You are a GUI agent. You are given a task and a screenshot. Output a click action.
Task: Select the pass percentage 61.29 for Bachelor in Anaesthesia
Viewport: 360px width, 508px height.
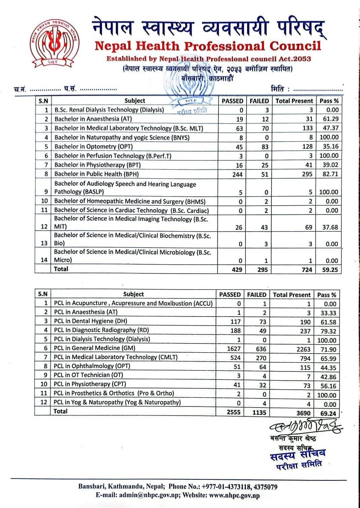330,119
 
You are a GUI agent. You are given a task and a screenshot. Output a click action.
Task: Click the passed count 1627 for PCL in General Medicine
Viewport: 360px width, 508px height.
233,349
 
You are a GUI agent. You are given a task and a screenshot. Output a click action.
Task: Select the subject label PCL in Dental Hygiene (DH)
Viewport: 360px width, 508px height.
91,321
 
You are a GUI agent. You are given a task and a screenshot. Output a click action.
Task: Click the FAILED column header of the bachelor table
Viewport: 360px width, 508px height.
259,101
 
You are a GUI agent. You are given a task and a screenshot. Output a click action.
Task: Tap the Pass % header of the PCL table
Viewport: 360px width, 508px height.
326,295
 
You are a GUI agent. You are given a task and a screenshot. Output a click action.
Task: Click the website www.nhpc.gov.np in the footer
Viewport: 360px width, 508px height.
234,495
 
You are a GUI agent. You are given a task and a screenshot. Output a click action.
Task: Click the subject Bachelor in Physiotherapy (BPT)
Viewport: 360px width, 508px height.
98,165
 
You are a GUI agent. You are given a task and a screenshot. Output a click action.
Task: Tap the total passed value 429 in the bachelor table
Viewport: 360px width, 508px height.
237,270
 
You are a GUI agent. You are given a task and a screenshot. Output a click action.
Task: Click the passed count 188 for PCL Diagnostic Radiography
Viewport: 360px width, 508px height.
235,331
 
